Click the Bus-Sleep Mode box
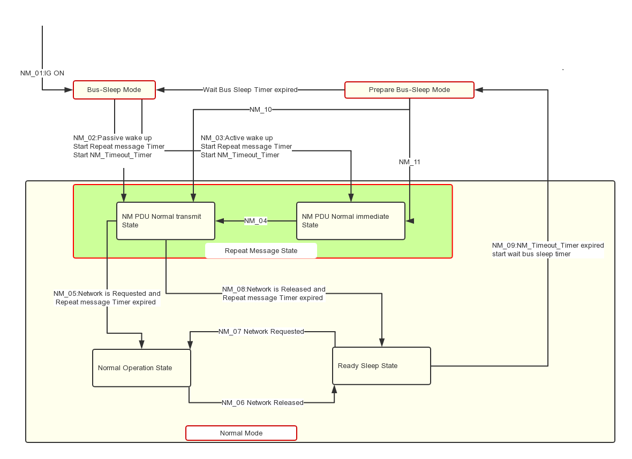114,90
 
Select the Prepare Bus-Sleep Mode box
409,90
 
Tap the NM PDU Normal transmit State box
165,221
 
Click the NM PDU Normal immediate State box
351,221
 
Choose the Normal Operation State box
141,368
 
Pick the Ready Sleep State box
381,366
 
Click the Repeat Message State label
261,251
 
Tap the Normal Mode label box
241,433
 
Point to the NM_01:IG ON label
42,73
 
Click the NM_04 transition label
255,221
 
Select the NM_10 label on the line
261,110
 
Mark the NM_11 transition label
410,162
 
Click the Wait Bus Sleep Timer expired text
250,90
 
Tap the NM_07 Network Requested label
261,332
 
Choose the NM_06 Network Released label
262,403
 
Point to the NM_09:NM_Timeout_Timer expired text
548,246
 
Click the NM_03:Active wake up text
237,138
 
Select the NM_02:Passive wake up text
112,138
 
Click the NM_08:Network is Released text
274,289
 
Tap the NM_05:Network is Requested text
107,294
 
